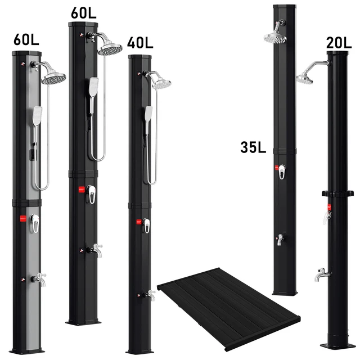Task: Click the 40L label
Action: coord(140,43)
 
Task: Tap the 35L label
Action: coord(253,147)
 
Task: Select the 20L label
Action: coord(339,43)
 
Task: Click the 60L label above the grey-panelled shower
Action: coord(26,39)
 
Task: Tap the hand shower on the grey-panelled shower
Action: coord(37,116)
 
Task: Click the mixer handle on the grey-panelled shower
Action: coord(35,223)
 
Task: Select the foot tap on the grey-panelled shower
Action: coord(39,279)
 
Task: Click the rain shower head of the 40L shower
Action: coord(161,84)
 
